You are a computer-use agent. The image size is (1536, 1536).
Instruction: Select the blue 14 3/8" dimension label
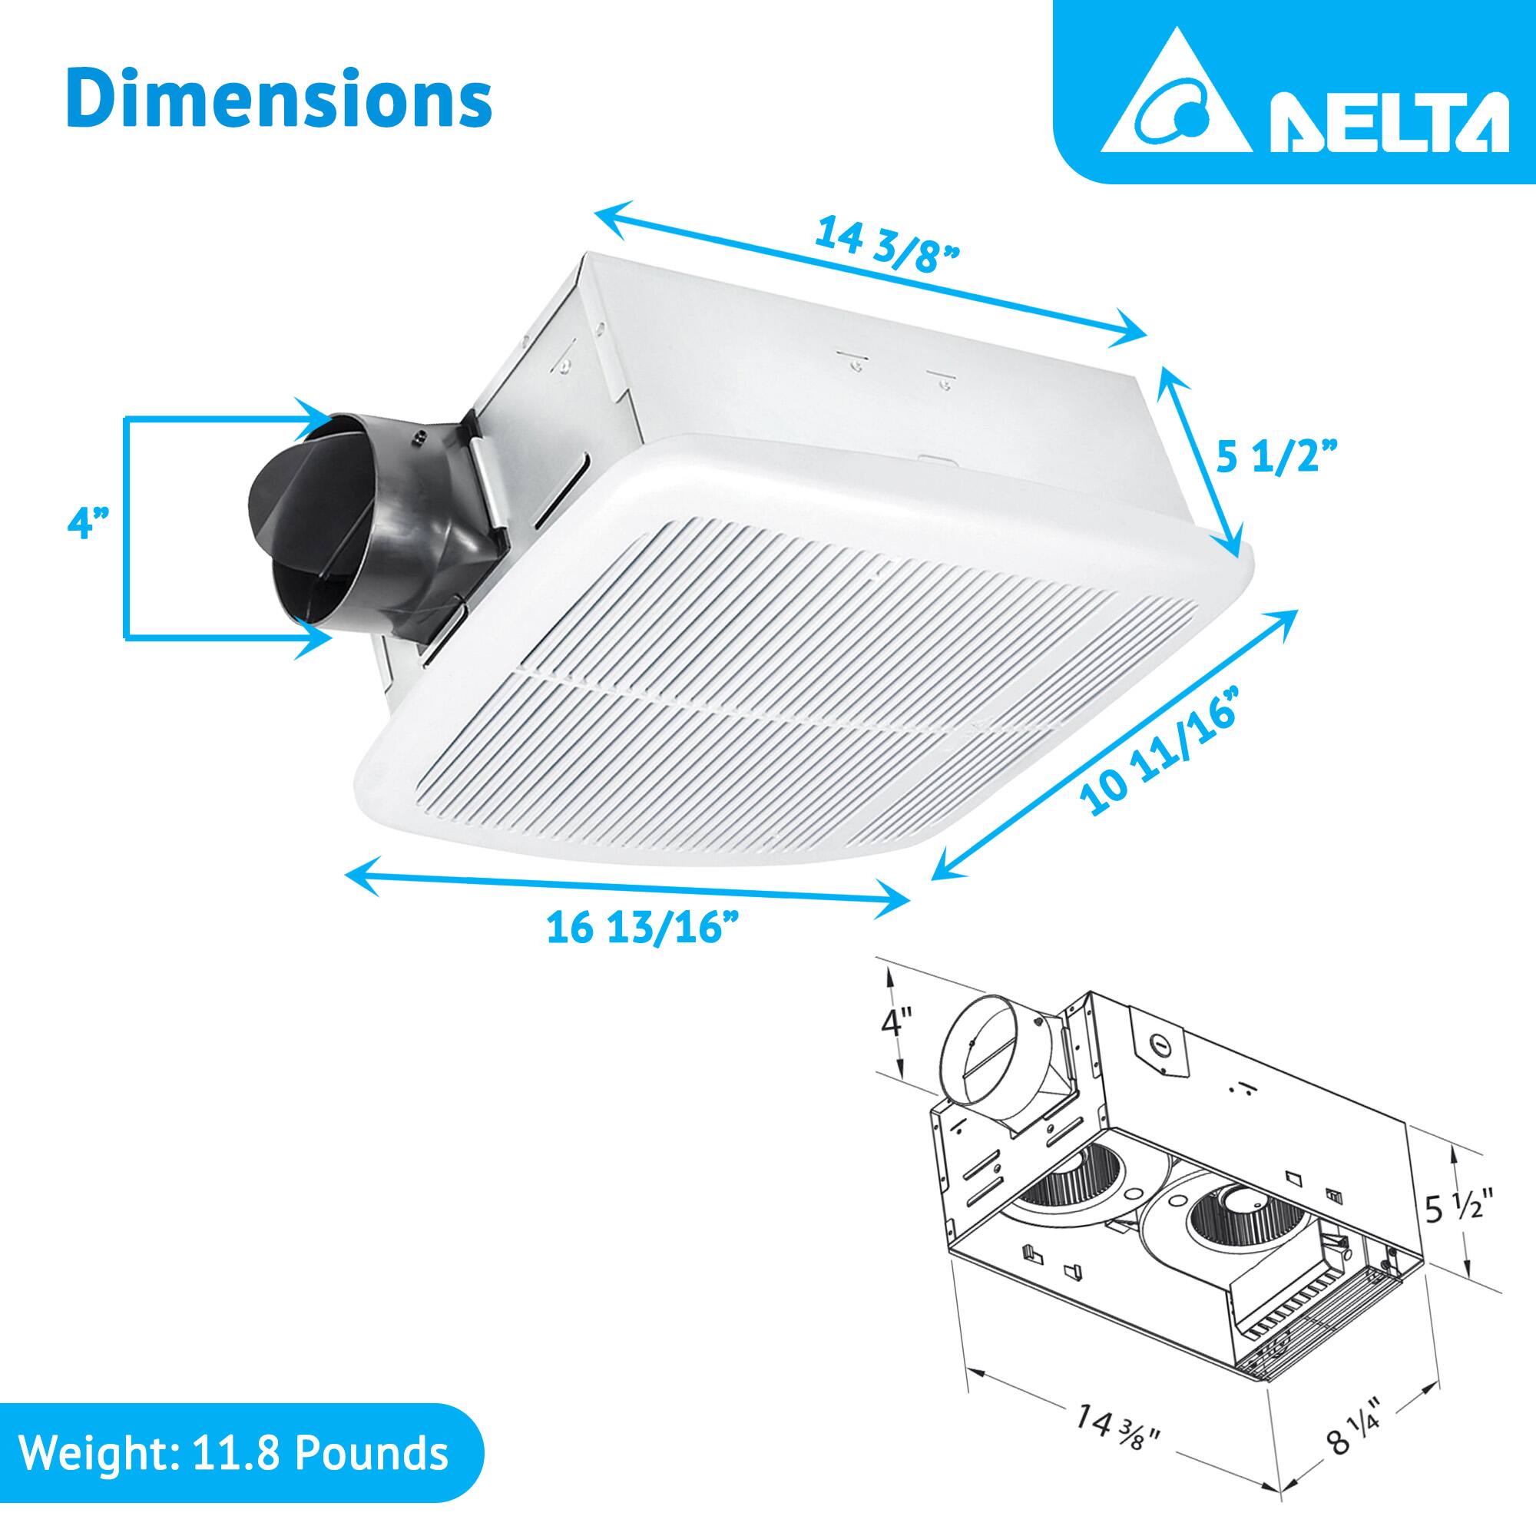point(889,245)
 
